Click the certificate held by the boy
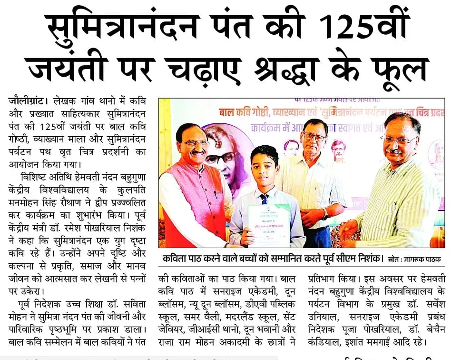[x=268, y=224]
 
